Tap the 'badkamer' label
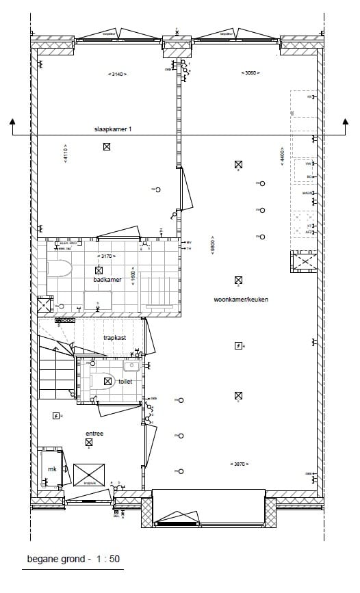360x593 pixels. (107, 279)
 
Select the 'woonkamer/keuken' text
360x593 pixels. (240, 300)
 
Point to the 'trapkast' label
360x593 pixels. (114, 338)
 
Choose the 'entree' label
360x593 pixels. (94, 433)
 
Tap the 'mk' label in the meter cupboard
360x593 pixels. (51, 469)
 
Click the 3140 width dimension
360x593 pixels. (117, 74)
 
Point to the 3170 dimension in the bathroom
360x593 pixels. (107, 256)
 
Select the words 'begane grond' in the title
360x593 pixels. (55, 559)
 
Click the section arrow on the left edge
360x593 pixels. (13, 123)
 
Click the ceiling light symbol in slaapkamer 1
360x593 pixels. (107, 146)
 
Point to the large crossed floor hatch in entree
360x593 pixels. (89, 474)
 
